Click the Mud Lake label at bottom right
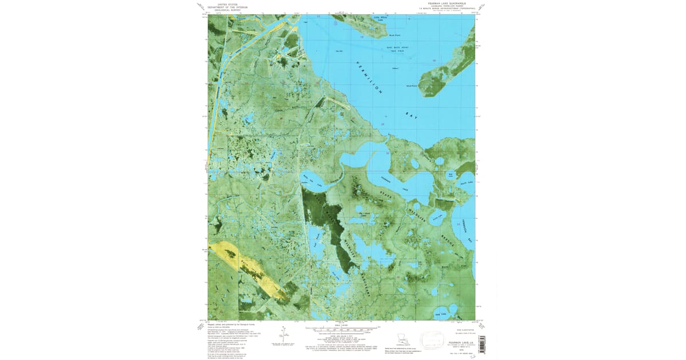coord(440,314)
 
